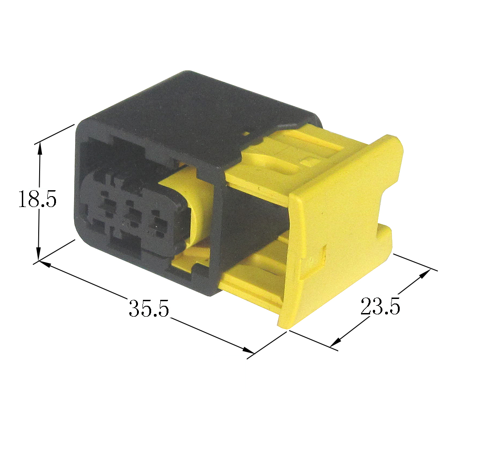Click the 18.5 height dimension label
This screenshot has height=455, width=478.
pos(37,198)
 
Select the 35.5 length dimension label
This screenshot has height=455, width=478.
pos(149,308)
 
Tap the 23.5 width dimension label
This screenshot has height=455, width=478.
pos(380,306)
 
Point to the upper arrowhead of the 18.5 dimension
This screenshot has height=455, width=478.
pos(39,149)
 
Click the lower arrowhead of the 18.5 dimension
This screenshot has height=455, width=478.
pos(38,254)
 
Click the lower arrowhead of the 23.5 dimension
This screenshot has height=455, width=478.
pos(335,342)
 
